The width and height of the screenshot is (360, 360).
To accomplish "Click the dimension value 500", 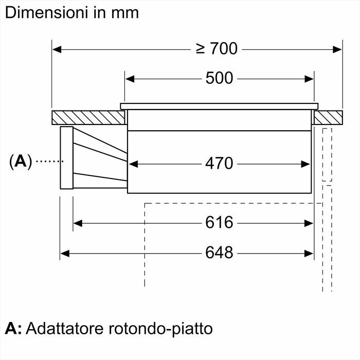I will click(x=219, y=79).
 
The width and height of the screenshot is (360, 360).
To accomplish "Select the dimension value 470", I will click(x=219, y=164).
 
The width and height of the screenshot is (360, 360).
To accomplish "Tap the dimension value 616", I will click(x=219, y=223).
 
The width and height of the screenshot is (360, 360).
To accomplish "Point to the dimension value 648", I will click(x=219, y=253).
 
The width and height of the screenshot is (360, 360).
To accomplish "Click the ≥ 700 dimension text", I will click(x=217, y=49).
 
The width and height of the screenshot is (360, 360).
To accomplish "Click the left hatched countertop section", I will click(x=88, y=117).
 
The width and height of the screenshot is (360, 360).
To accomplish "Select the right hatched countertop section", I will click(x=328, y=117).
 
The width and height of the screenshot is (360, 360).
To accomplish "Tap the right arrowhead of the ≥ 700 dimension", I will click(x=337, y=49).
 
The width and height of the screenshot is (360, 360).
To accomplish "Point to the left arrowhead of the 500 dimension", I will click(x=130, y=79).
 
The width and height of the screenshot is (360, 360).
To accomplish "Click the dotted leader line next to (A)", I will click(x=48, y=161).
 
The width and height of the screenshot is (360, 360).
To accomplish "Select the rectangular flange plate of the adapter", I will click(x=67, y=157).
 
